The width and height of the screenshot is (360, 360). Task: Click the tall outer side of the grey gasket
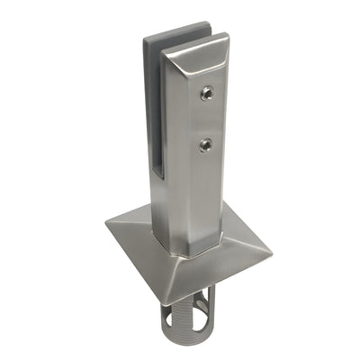[150, 108]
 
